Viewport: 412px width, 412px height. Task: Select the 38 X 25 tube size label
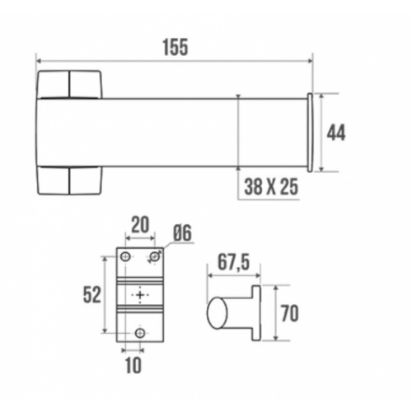point(270,188)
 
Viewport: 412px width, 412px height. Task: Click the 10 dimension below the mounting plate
point(133,363)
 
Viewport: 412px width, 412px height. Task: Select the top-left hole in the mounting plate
point(126,258)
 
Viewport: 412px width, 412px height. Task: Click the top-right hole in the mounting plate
point(153,258)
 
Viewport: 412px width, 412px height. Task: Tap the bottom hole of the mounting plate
point(139,332)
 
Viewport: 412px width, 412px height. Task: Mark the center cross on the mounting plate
point(140,295)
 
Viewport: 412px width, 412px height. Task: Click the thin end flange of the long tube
point(311,133)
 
